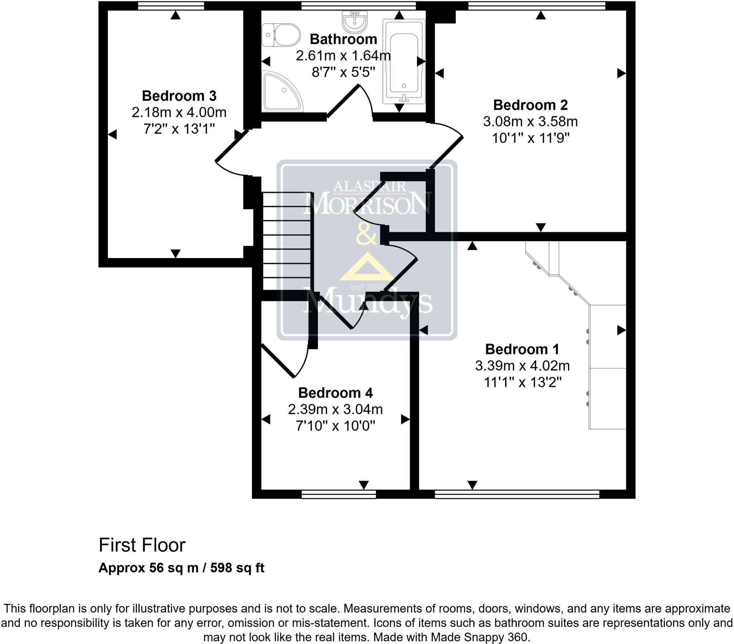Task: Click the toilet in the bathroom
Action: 281,35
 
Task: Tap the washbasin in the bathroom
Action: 355,21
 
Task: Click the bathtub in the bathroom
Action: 404,63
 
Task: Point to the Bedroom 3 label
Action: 179,96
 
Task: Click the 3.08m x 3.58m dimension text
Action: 530,122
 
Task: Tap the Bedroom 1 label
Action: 522,349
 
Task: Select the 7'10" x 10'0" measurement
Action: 335,426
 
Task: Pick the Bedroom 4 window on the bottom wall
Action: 339,494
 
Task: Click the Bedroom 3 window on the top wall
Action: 171,5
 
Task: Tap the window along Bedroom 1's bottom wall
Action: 517,494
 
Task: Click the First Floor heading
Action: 142,545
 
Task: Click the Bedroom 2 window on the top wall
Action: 537,5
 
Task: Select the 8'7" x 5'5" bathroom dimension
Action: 343,72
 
